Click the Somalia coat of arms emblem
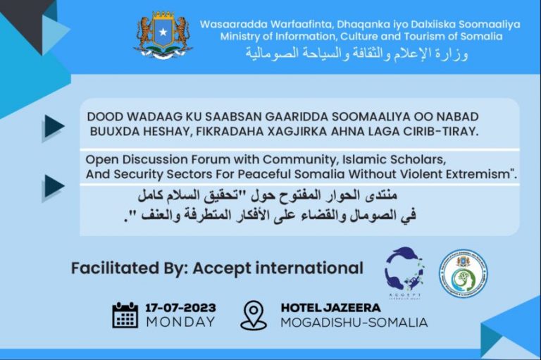pyautogui.click(x=163, y=34)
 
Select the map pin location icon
pyautogui.click(x=254, y=315)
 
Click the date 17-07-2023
pyautogui.click(x=180, y=308)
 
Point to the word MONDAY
pyautogui.click(x=180, y=322)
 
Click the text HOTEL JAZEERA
pyautogui.click(x=330, y=308)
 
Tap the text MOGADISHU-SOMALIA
pyautogui.click(x=354, y=323)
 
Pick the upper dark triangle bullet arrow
pyautogui.click(x=54, y=127)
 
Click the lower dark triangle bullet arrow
pyautogui.click(x=54, y=186)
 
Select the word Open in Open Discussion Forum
pyautogui.click(x=99, y=159)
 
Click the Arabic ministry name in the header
pyautogui.click(x=356, y=54)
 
